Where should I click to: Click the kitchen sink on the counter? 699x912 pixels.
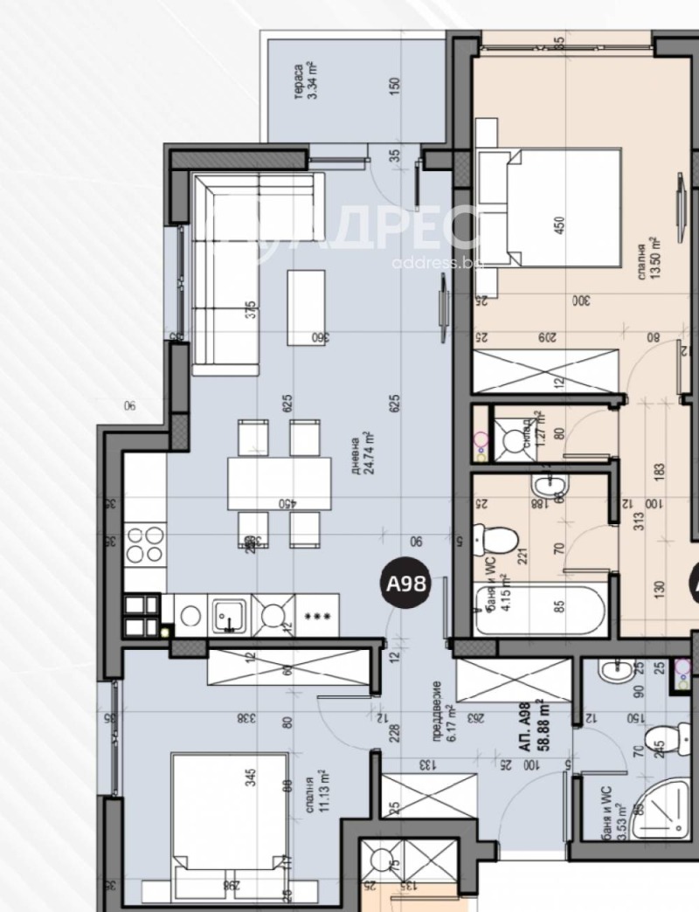(229, 614)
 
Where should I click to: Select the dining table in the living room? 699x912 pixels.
(279, 483)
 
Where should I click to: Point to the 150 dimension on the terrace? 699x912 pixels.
(395, 86)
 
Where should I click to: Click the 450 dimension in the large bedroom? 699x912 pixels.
(559, 225)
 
